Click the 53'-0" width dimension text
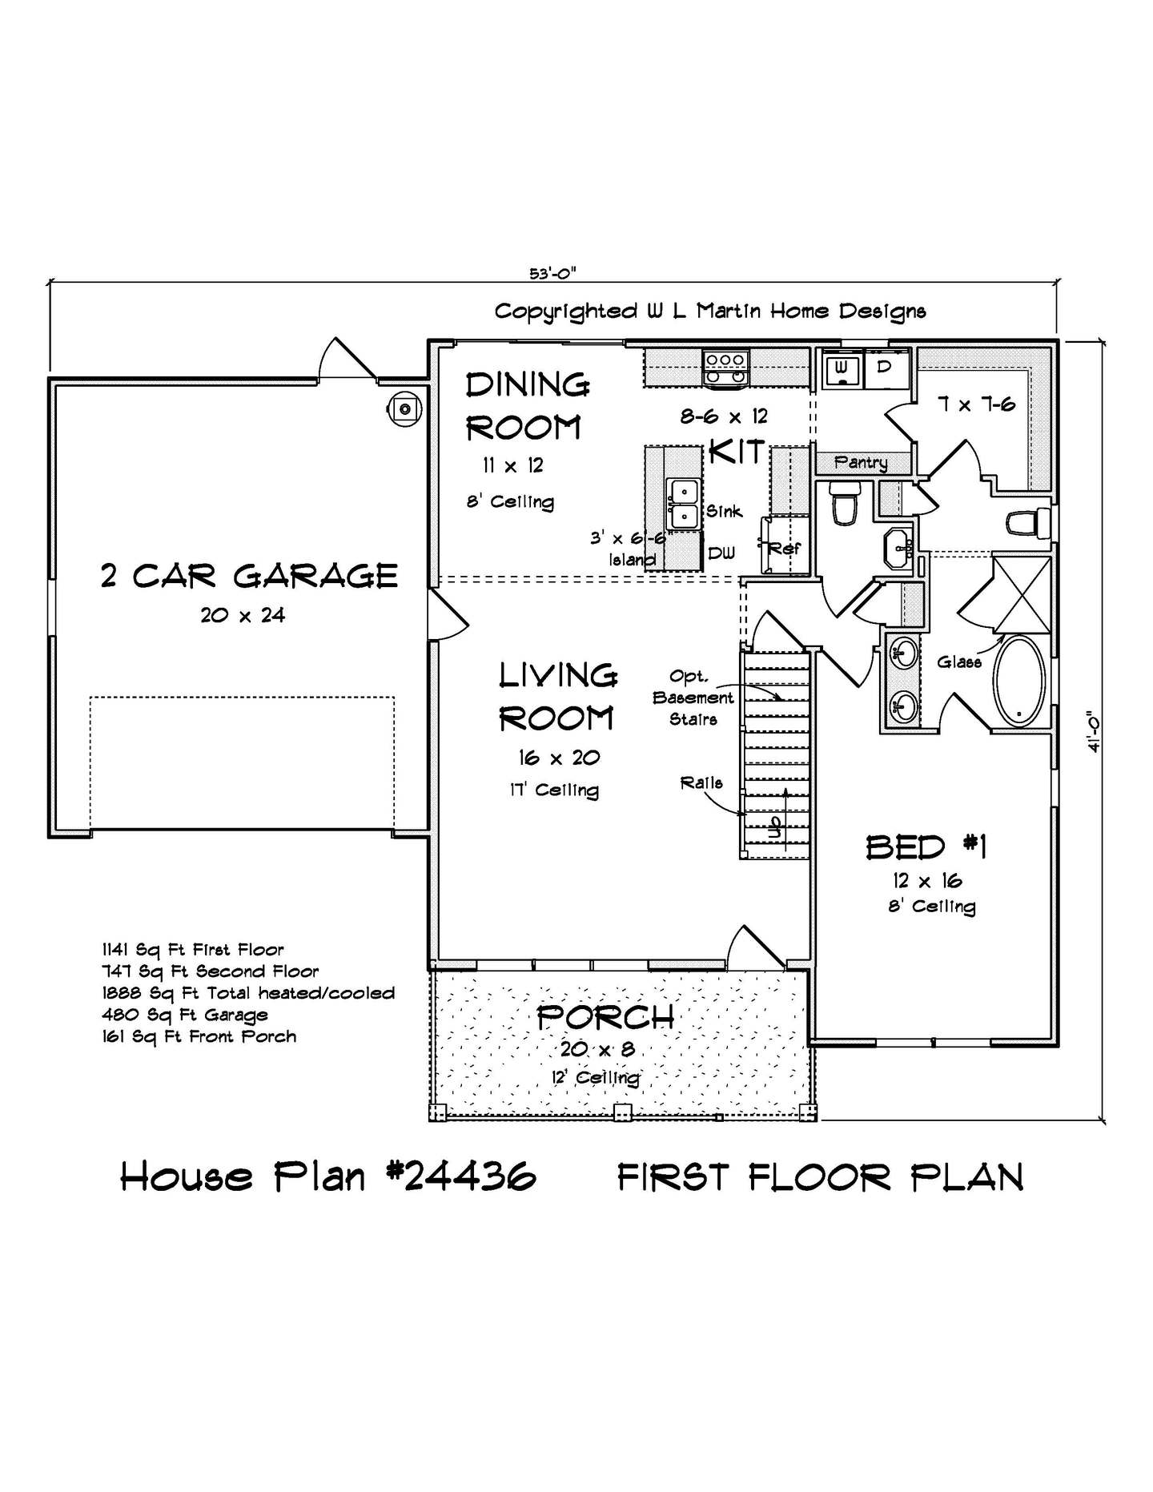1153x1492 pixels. point(552,273)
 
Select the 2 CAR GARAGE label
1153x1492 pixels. point(249,576)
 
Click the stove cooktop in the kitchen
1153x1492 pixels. point(725,368)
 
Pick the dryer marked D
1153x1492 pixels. point(886,367)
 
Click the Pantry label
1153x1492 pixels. point(861,462)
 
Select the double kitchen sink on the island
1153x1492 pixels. point(684,505)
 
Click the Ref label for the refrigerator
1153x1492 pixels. point(784,549)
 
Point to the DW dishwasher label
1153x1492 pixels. point(721,553)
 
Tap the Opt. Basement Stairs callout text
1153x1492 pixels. point(693,698)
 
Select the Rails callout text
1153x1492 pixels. point(701,782)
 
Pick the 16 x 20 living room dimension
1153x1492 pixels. point(559,758)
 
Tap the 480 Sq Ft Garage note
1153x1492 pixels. point(184,1015)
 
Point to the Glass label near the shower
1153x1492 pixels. point(959,662)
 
